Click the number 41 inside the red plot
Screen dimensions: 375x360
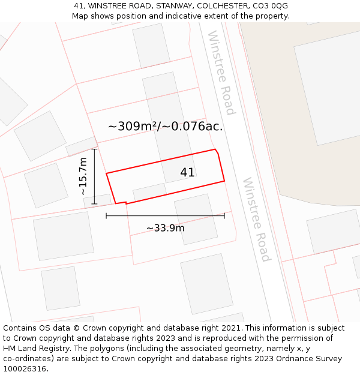point(187,173)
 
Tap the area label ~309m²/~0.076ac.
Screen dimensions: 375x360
point(165,127)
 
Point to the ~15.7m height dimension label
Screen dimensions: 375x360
point(83,176)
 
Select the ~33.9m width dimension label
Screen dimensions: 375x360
point(165,228)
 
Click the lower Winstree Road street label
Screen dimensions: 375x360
point(256,219)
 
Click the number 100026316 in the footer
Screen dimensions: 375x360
point(25,369)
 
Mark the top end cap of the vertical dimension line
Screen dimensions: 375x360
point(94,149)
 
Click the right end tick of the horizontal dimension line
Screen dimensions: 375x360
point(224,215)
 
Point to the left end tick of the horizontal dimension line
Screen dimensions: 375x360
point(106,215)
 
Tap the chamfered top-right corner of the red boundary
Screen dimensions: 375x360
point(217,151)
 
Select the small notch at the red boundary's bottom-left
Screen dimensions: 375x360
point(121,203)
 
